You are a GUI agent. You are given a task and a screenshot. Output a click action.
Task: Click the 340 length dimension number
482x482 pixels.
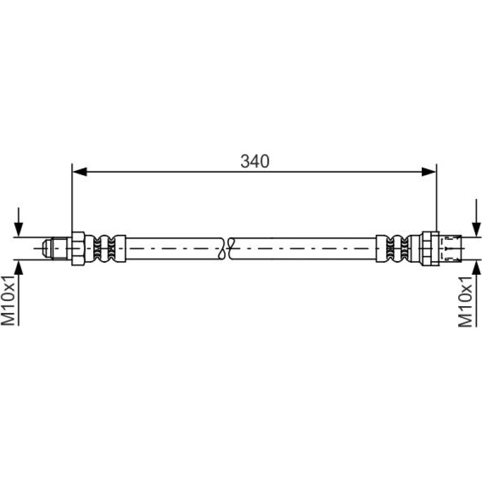[255, 161]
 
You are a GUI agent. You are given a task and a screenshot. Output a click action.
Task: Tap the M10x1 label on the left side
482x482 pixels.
[8, 300]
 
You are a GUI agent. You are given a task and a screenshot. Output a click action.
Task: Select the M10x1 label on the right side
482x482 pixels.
[465, 301]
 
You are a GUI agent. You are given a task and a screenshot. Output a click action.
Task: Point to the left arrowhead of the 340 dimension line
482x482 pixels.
[79, 172]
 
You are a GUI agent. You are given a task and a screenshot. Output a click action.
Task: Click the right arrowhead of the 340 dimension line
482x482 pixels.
[429, 172]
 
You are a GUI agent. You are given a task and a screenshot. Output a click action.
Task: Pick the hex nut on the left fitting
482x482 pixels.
[78, 249]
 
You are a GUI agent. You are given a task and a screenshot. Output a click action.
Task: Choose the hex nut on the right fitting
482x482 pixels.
[431, 249]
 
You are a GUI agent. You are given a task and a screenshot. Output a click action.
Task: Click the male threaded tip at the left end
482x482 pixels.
[54, 248]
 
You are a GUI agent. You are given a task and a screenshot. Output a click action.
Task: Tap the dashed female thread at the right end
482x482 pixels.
[450, 249]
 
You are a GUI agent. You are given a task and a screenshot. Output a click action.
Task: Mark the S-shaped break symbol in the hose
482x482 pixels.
[227, 249]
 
